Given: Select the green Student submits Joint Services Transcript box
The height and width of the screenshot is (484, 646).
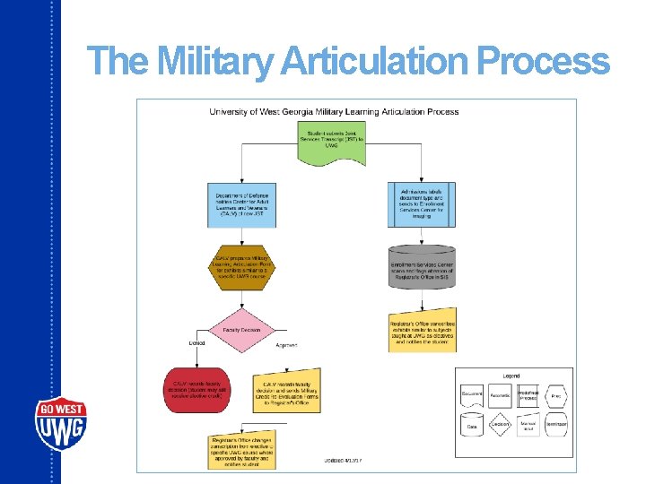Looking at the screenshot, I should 331,144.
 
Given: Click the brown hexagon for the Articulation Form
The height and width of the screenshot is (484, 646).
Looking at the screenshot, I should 241,267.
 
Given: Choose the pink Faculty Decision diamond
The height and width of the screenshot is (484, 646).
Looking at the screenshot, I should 241,329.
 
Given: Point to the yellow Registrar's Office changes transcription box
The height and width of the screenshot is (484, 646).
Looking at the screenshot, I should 240,450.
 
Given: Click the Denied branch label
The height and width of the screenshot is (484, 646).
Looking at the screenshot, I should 196,343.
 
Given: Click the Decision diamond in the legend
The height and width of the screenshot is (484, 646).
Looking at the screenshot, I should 500,423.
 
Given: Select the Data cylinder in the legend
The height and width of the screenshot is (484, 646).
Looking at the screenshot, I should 472,425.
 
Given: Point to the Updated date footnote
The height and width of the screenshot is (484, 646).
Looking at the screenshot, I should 343,461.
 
